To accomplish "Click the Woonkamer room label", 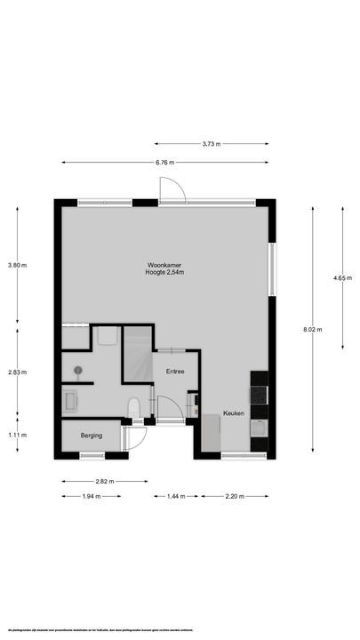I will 165,265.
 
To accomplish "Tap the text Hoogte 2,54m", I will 165,273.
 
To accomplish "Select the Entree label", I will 173,372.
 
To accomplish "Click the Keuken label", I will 234,413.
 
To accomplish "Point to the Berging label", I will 91,436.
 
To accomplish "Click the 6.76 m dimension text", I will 164,162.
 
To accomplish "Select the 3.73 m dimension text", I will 211,143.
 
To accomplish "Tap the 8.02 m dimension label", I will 312,329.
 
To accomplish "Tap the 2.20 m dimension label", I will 234,495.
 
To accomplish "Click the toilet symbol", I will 133,408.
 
